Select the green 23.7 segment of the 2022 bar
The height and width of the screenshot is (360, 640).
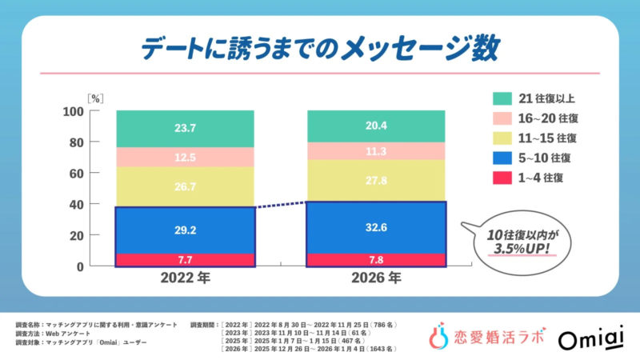pos(186,128)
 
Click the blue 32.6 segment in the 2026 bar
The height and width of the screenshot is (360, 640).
pos(377,227)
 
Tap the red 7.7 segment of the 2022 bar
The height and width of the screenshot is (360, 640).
pos(186,260)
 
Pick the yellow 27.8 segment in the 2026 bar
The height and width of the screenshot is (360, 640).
pos(377,181)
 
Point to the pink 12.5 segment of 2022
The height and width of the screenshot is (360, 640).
pos(186,157)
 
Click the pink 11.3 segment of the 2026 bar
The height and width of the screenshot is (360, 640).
pos(377,151)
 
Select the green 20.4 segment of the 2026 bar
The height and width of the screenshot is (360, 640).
pos(377,126)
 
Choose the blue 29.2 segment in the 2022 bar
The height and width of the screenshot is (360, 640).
pos(186,230)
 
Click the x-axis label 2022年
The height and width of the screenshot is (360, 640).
pos(186,281)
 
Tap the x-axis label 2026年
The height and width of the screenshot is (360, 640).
pos(377,281)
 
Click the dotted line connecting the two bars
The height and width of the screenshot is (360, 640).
pos(282,205)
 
